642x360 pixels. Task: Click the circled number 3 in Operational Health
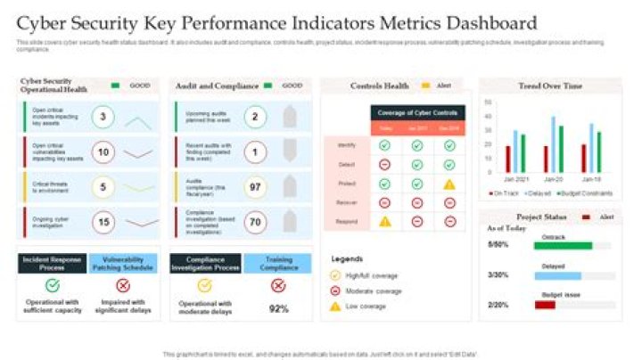(103, 117)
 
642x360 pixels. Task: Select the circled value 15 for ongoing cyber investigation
(103, 222)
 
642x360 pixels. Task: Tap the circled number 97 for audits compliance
(255, 187)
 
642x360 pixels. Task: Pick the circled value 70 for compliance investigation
(255, 222)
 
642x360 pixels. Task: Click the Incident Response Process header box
(53, 263)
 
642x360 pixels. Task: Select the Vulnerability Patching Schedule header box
(123, 263)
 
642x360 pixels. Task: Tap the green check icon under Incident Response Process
(53, 285)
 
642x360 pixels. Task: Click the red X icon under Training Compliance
(278, 285)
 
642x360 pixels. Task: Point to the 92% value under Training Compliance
(278, 308)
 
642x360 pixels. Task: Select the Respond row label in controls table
(347, 221)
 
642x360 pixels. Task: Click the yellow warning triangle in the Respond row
(385, 221)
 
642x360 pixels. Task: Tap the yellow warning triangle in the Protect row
(449, 184)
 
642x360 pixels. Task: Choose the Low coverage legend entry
(366, 306)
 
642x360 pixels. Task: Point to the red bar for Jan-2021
(507, 159)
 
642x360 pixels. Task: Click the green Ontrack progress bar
(563, 245)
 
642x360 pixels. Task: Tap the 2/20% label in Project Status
(498, 305)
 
